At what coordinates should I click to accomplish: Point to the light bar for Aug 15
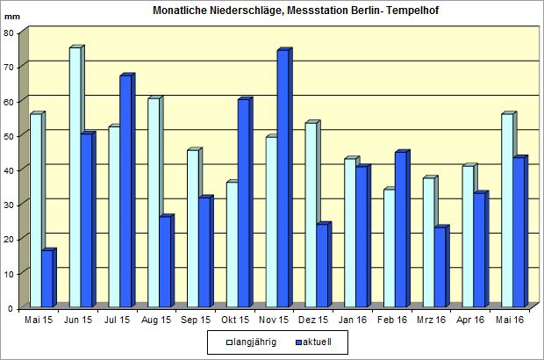coord(154,203)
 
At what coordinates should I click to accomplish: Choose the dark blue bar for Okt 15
coord(243,203)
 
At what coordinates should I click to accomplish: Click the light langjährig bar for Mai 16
coord(507,212)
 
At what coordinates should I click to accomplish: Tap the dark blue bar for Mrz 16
coord(440,268)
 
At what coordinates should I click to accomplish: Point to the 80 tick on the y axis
coord(9,33)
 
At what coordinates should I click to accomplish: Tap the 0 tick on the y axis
coord(11,308)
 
